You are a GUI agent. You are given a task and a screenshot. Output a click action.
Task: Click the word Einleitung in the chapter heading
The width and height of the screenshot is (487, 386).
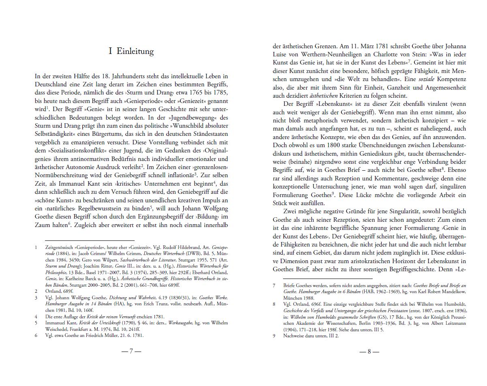click(135, 51)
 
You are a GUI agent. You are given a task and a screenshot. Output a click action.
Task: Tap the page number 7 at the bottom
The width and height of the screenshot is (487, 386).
click(131, 352)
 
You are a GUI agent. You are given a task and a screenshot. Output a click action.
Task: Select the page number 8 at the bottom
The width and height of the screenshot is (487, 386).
click(369, 352)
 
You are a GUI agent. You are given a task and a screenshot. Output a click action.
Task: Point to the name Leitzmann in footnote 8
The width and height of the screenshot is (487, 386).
click(450, 323)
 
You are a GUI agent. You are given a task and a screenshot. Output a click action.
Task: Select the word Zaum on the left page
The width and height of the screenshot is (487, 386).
click(43, 225)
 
